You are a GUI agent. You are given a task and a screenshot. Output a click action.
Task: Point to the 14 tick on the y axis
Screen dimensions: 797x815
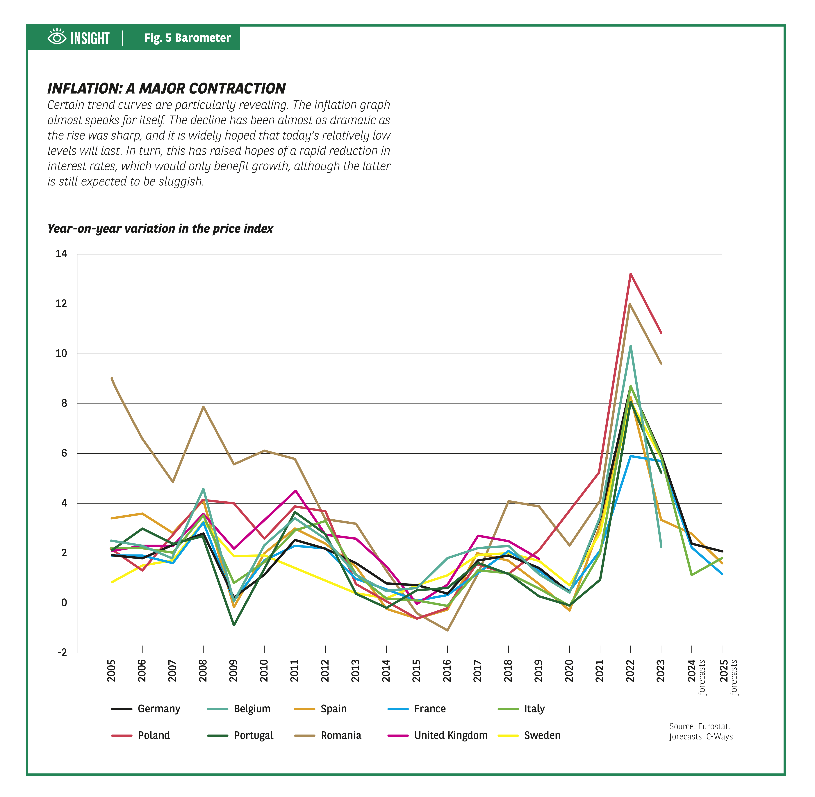point(62,254)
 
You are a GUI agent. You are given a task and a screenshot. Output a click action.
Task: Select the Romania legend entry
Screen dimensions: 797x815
point(341,735)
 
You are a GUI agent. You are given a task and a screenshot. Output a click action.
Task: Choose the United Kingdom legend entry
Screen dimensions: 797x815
point(450,735)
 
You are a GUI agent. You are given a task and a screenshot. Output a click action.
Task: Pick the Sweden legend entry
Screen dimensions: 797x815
point(542,735)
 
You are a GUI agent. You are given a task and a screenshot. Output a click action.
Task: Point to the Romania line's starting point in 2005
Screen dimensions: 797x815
point(112,378)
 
